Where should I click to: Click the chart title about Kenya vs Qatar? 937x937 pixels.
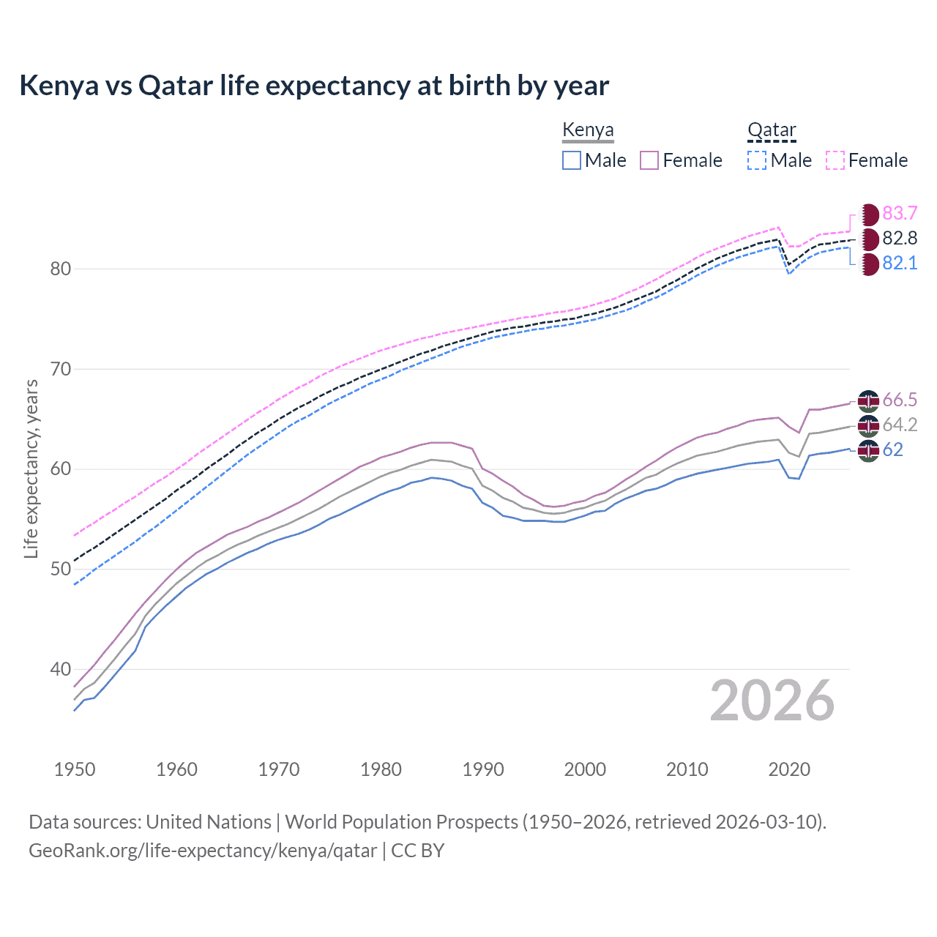point(314,86)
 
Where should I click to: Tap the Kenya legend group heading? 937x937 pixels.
point(588,130)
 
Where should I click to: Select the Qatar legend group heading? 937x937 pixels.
point(772,130)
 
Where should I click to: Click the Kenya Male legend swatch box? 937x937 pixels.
point(572,160)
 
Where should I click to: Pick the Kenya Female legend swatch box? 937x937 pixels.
point(649,160)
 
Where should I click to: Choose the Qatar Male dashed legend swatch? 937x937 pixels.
point(757,160)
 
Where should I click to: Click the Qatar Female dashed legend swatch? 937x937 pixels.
point(835,160)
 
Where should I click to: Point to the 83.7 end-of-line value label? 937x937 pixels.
point(900,213)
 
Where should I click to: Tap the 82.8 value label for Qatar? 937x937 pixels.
point(900,238)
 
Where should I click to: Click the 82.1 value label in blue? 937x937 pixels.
point(900,263)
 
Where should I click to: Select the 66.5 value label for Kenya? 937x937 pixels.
point(900,400)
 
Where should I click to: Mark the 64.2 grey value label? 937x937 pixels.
point(900,425)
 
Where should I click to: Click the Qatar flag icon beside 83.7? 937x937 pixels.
point(869,214)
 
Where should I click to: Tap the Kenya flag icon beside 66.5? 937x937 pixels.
point(868,400)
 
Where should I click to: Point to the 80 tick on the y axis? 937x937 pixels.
point(60,269)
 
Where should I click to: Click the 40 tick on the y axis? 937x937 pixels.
point(60,669)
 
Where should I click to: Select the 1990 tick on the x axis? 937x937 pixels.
point(483,769)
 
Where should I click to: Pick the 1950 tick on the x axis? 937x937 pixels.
point(75,769)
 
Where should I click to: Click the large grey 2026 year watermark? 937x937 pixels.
point(772,701)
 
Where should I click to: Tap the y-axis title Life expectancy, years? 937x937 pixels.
point(31,468)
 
